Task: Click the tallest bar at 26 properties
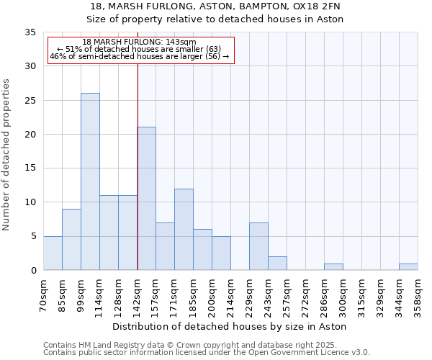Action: pyautogui.click(x=90, y=181)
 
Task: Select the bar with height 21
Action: pyautogui.click(x=146, y=199)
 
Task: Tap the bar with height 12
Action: pyautogui.click(x=184, y=229)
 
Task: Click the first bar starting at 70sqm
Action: pyautogui.click(x=53, y=253)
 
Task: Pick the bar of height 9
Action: pyautogui.click(x=71, y=239)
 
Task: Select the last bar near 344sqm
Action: pyautogui.click(x=408, y=267)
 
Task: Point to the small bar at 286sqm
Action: pyautogui.click(x=333, y=267)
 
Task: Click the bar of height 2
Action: pyautogui.click(x=277, y=264)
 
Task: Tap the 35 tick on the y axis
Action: pyautogui.click(x=30, y=32)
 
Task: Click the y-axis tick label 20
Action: pyautogui.click(x=30, y=135)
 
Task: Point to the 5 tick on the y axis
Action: pyautogui.click(x=33, y=236)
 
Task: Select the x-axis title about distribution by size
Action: pyautogui.click(x=230, y=326)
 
